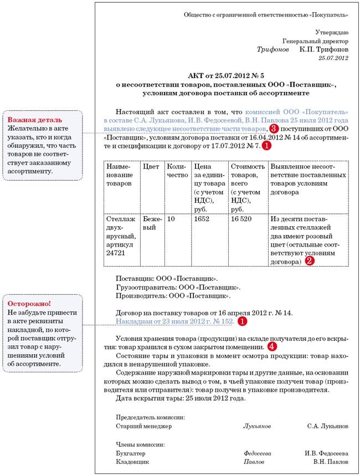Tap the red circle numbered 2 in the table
click(310, 260)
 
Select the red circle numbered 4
click(271, 346)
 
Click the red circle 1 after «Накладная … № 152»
click(241, 321)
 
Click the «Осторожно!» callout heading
click(29, 304)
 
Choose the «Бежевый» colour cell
click(151, 223)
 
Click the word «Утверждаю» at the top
click(332, 33)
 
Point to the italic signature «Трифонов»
click(272, 49)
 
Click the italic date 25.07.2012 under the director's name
click(333, 58)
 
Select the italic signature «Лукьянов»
click(257, 426)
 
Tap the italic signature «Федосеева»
click(258, 453)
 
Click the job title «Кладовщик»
click(131, 461)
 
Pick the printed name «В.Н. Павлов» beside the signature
click(331, 461)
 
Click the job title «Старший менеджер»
click(143, 426)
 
